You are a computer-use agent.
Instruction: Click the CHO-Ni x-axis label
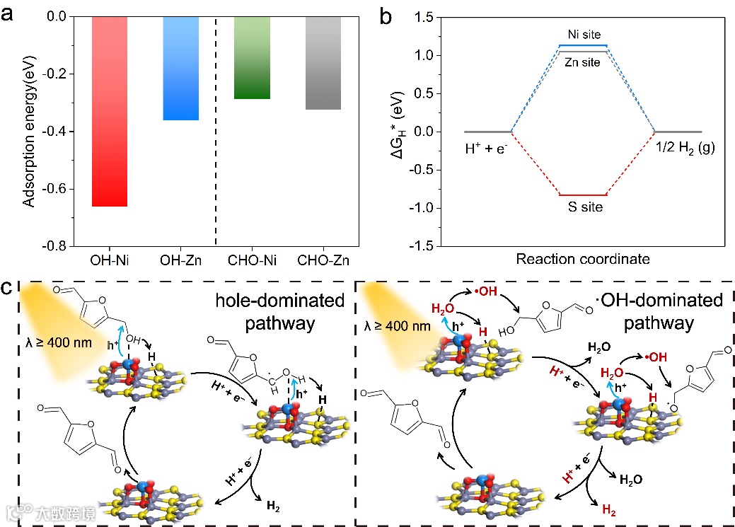[252, 260]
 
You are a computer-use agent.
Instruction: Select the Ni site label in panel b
[583, 35]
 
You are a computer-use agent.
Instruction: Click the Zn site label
[583, 62]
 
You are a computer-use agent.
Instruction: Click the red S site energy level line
[583, 195]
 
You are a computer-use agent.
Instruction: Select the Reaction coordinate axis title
[583, 259]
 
